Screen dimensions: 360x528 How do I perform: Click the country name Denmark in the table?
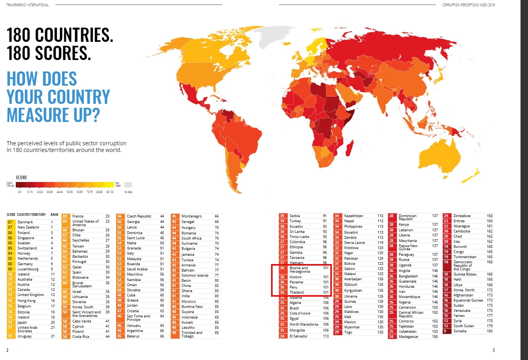(25, 222)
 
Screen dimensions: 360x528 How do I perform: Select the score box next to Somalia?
(446, 331)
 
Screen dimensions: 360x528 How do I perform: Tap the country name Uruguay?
(25, 336)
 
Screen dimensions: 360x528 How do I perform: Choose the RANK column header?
(54, 215)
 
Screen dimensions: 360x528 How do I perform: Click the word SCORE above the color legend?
(21, 178)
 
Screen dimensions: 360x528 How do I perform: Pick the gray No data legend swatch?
(128, 185)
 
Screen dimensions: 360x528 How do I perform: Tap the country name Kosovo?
(296, 277)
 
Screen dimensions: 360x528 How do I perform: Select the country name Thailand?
(297, 292)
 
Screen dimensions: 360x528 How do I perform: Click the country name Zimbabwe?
(462, 216)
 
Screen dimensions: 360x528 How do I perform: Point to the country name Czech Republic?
(139, 216)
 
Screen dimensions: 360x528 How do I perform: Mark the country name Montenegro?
(191, 216)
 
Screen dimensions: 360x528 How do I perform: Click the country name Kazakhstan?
(354, 216)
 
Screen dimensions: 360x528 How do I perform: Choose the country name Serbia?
(295, 216)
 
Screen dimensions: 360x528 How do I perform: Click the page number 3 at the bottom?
(493, 350)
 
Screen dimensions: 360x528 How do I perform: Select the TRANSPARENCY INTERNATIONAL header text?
(28, 5)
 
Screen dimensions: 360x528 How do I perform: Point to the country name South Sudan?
(464, 326)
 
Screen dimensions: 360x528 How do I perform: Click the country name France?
(78, 216)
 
